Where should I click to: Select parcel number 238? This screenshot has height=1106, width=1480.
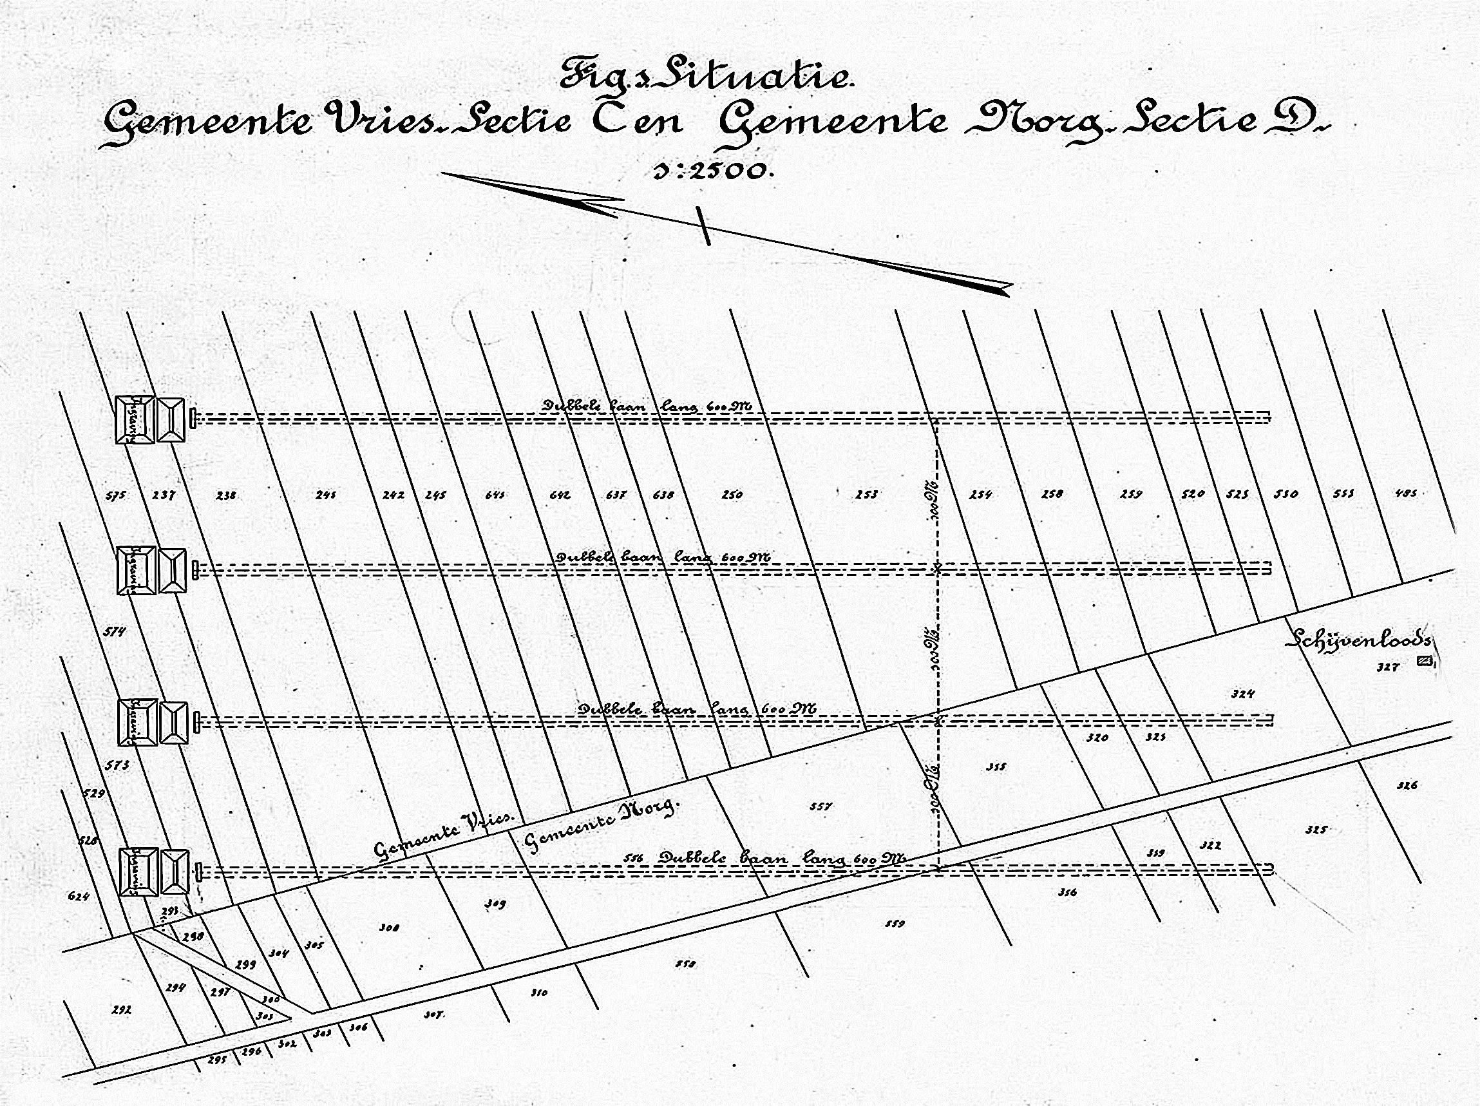click(x=226, y=496)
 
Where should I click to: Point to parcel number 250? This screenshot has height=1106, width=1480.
click(x=732, y=495)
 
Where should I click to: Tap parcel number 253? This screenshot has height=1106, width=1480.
click(x=866, y=495)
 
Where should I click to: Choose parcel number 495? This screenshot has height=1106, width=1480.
click(x=1405, y=494)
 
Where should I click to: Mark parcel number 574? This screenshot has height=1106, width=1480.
click(x=115, y=631)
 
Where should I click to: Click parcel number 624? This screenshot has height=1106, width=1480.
click(x=79, y=896)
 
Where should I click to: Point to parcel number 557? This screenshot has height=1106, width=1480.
click(x=821, y=806)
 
